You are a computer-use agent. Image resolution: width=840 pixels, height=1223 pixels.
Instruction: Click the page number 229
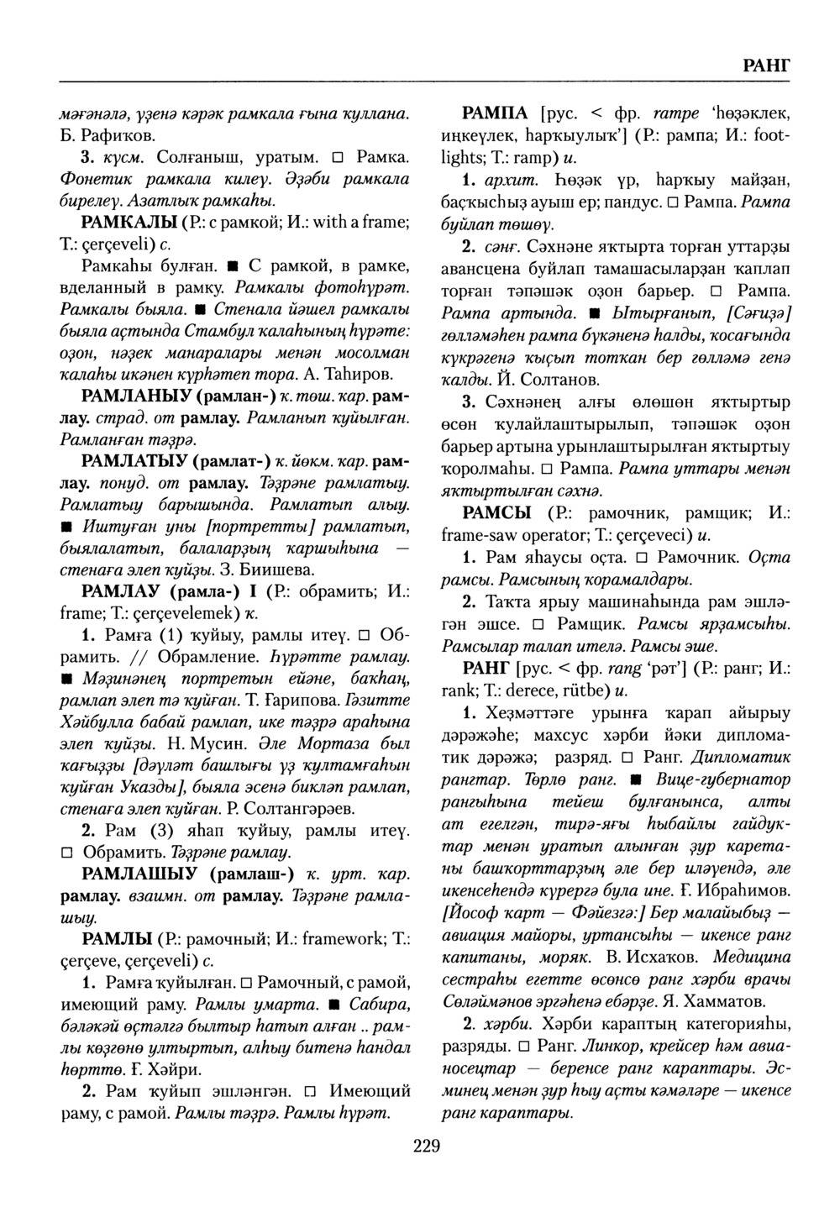(426, 1147)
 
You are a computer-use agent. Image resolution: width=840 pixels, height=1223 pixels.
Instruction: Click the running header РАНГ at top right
(766, 66)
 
